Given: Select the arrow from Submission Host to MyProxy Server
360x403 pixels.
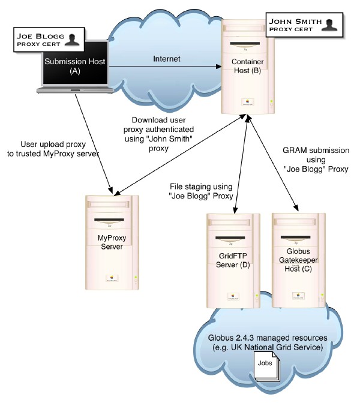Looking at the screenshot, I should (92, 141).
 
